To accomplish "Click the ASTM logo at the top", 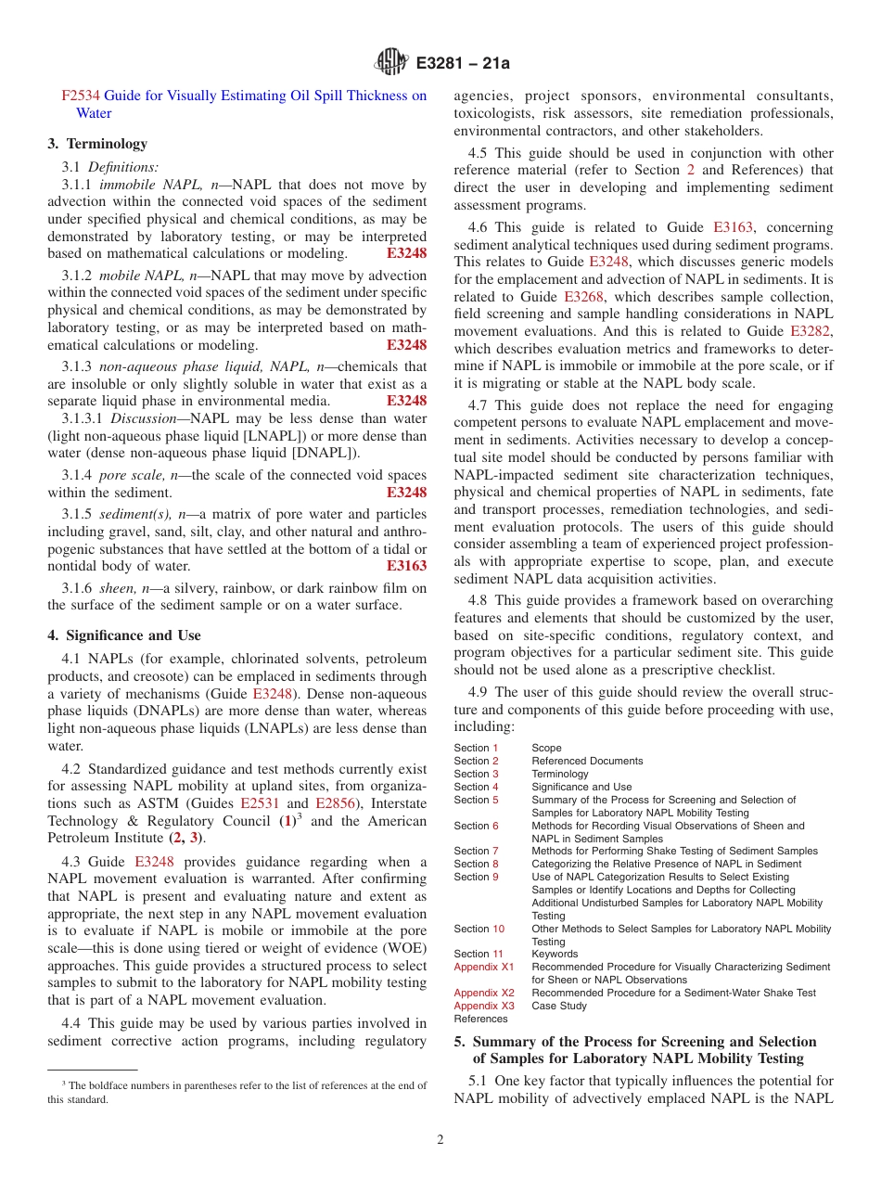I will click(390, 62).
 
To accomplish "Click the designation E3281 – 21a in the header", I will click(463, 63).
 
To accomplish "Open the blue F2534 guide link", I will click(81, 96).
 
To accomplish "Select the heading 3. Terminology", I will click(97, 144).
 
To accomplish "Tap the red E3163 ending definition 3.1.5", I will click(406, 566).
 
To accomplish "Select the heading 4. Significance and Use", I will click(124, 635).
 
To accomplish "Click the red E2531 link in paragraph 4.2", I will click(259, 803).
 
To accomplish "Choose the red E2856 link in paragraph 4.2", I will click(335, 803).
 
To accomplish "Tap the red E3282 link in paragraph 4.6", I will click(811, 331).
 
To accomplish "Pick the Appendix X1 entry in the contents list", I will click(483, 967).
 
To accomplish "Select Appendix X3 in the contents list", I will click(483, 1006).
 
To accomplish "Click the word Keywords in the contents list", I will click(555, 954).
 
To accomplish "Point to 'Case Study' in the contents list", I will click(559, 1006).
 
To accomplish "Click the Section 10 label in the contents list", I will click(479, 929).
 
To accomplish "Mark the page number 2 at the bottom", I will click(440, 1140).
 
